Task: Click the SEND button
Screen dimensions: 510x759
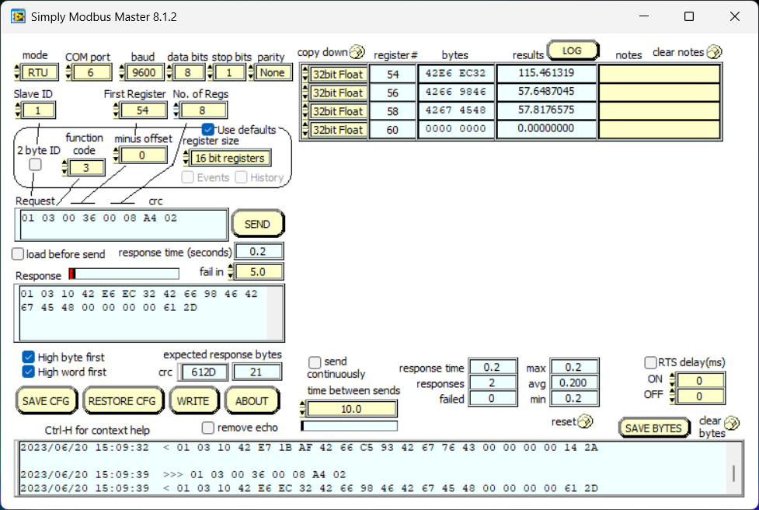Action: point(257,224)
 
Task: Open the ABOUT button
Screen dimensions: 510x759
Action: point(252,401)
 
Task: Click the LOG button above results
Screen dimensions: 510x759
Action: point(573,51)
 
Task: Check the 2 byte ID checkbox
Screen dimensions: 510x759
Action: point(35,165)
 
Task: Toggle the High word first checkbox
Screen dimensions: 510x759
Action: point(29,372)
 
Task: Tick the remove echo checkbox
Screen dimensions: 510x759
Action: point(208,428)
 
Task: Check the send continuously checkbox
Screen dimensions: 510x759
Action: point(315,362)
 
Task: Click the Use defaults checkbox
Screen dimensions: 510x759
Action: point(208,129)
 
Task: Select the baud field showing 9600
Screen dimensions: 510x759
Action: point(144,72)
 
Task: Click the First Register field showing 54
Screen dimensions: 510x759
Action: point(142,110)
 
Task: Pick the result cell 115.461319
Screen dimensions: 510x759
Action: point(545,74)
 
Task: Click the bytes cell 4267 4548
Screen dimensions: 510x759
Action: point(455,110)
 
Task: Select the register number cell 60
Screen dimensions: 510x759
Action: point(392,129)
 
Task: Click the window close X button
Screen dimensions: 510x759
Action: point(734,16)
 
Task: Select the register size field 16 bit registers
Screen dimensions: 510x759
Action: point(230,158)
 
